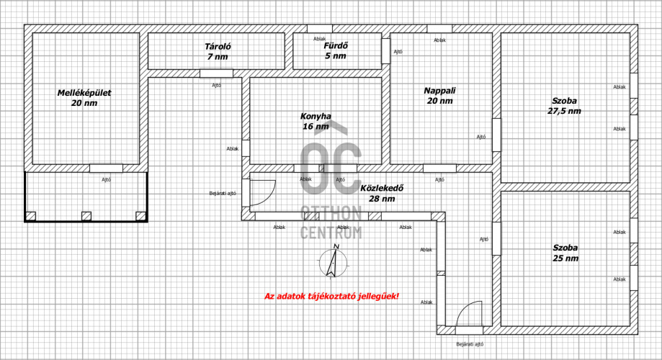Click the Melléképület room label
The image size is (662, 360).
pyautogui.click(x=84, y=98)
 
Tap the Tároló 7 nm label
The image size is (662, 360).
pyautogui.click(x=218, y=52)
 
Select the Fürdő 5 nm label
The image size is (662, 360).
pyautogui.click(x=336, y=50)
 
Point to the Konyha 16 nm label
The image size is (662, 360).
pyautogui.click(x=316, y=121)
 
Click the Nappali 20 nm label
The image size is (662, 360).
pyautogui.click(x=439, y=95)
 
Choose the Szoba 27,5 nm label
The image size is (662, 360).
pyautogui.click(x=564, y=106)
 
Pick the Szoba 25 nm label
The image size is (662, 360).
pyautogui.click(x=565, y=253)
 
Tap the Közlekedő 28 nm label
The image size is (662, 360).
pyautogui.click(x=382, y=193)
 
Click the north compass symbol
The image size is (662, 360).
pyautogui.click(x=333, y=261)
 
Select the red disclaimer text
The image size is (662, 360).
pyautogui.click(x=331, y=296)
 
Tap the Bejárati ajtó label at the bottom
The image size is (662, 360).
pyautogui.click(x=470, y=344)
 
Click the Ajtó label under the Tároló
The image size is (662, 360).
pyautogui.click(x=216, y=85)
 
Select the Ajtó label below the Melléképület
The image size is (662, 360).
pyautogui.click(x=106, y=180)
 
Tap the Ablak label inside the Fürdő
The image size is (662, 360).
pyautogui.click(x=320, y=40)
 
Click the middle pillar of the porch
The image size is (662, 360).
pyautogui.click(x=86, y=216)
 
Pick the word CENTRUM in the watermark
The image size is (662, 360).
pyautogui.click(x=331, y=233)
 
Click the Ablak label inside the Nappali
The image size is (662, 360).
pyautogui.click(x=439, y=40)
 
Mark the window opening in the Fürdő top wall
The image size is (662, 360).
pyautogui.click(x=320, y=29)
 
